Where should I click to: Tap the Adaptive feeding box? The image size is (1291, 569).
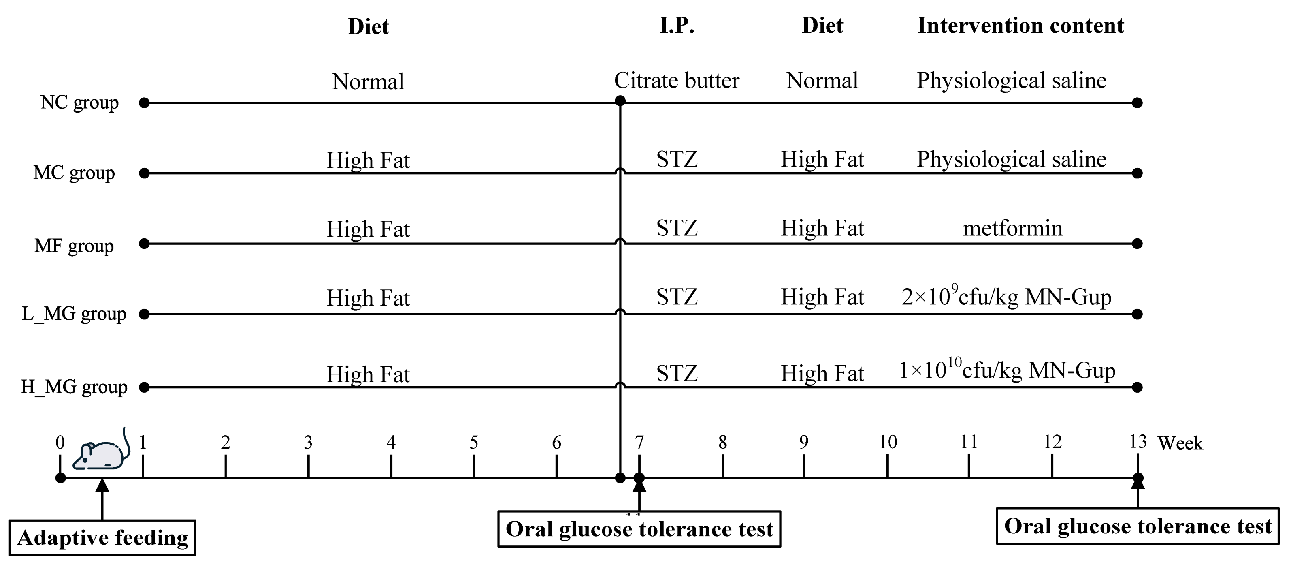pyautogui.click(x=102, y=538)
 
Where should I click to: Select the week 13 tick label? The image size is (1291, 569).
pyautogui.click(x=1137, y=442)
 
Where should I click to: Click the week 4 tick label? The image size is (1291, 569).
pyautogui.click(x=391, y=443)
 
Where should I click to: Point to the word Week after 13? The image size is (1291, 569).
pyautogui.click(x=1180, y=443)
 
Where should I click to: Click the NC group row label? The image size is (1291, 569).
pyautogui.click(x=79, y=103)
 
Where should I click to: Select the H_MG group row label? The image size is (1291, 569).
pyautogui.click(x=74, y=387)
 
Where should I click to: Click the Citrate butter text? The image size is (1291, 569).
pyautogui.click(x=677, y=81)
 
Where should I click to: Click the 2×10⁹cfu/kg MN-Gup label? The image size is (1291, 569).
pyautogui.click(x=1006, y=297)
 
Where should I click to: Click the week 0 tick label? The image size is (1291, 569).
pyautogui.click(x=60, y=443)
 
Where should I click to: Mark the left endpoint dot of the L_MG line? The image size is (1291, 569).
pyautogui.click(x=144, y=314)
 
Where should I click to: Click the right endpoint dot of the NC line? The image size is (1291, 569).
pyautogui.click(x=1137, y=103)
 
